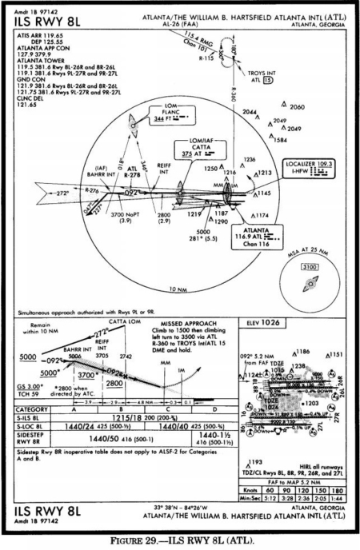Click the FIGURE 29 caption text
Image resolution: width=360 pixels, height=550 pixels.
[x=181, y=541]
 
